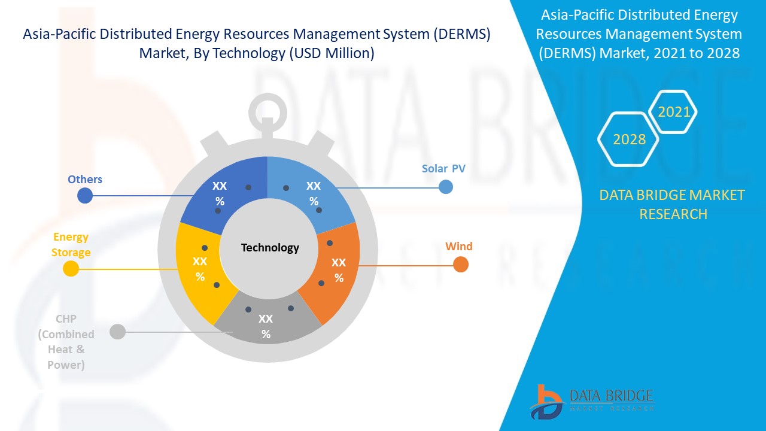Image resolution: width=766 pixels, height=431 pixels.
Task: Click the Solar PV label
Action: tap(443, 169)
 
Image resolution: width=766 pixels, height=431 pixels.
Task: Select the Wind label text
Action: tap(458, 246)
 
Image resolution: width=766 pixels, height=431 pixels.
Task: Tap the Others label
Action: tap(85, 179)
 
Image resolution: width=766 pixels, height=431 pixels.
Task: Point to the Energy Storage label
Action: tap(71, 245)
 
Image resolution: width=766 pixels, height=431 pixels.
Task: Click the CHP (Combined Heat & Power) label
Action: tap(66, 342)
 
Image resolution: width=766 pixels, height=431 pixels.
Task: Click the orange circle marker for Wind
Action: tap(460, 264)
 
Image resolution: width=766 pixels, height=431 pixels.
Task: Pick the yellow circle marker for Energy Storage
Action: tap(71, 269)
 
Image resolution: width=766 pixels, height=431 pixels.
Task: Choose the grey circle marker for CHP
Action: tap(118, 331)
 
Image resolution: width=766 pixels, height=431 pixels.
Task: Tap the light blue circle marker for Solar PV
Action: tap(446, 187)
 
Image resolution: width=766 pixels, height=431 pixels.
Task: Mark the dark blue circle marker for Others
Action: tap(86, 195)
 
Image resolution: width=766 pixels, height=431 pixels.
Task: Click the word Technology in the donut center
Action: tap(269, 248)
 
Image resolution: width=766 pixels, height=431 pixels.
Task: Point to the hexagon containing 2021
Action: tap(674, 112)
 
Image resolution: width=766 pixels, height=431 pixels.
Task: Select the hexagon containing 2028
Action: tap(629, 139)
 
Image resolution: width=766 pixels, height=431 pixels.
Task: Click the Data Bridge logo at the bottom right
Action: tap(590, 400)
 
